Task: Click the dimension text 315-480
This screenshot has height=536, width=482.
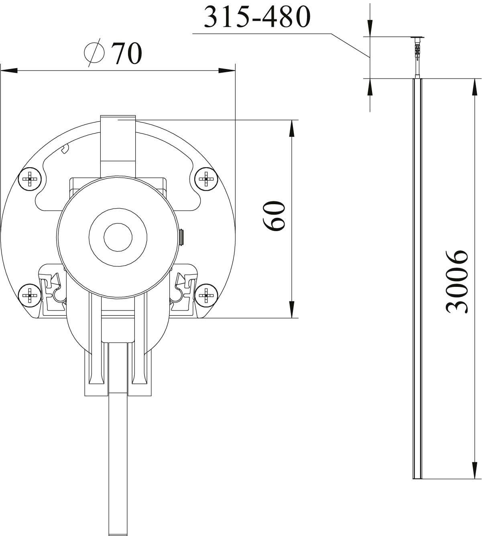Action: (x=257, y=17)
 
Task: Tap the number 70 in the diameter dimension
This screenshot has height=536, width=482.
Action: (x=126, y=53)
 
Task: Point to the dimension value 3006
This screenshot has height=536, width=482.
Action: (x=457, y=281)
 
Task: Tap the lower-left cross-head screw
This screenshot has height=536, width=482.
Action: (x=30, y=296)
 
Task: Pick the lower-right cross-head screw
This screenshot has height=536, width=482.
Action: (x=206, y=295)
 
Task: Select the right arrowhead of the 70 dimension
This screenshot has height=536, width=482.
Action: (x=226, y=71)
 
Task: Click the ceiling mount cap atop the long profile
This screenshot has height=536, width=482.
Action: (x=417, y=38)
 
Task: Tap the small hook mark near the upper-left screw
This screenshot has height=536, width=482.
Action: (x=66, y=149)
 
